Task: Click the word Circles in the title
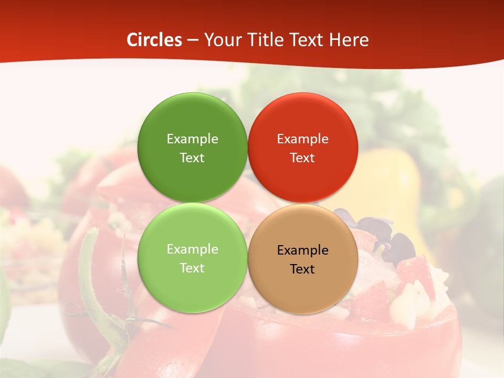(154, 40)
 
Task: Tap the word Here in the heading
(349, 40)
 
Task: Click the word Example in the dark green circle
(192, 139)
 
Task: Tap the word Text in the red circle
(302, 157)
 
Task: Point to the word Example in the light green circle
(192, 249)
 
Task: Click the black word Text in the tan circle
(302, 269)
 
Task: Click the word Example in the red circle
(302, 139)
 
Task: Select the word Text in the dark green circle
(192, 157)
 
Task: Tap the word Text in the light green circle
(192, 268)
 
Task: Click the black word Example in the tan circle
(302, 250)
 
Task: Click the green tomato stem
(94, 294)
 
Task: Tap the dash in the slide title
(193, 40)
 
